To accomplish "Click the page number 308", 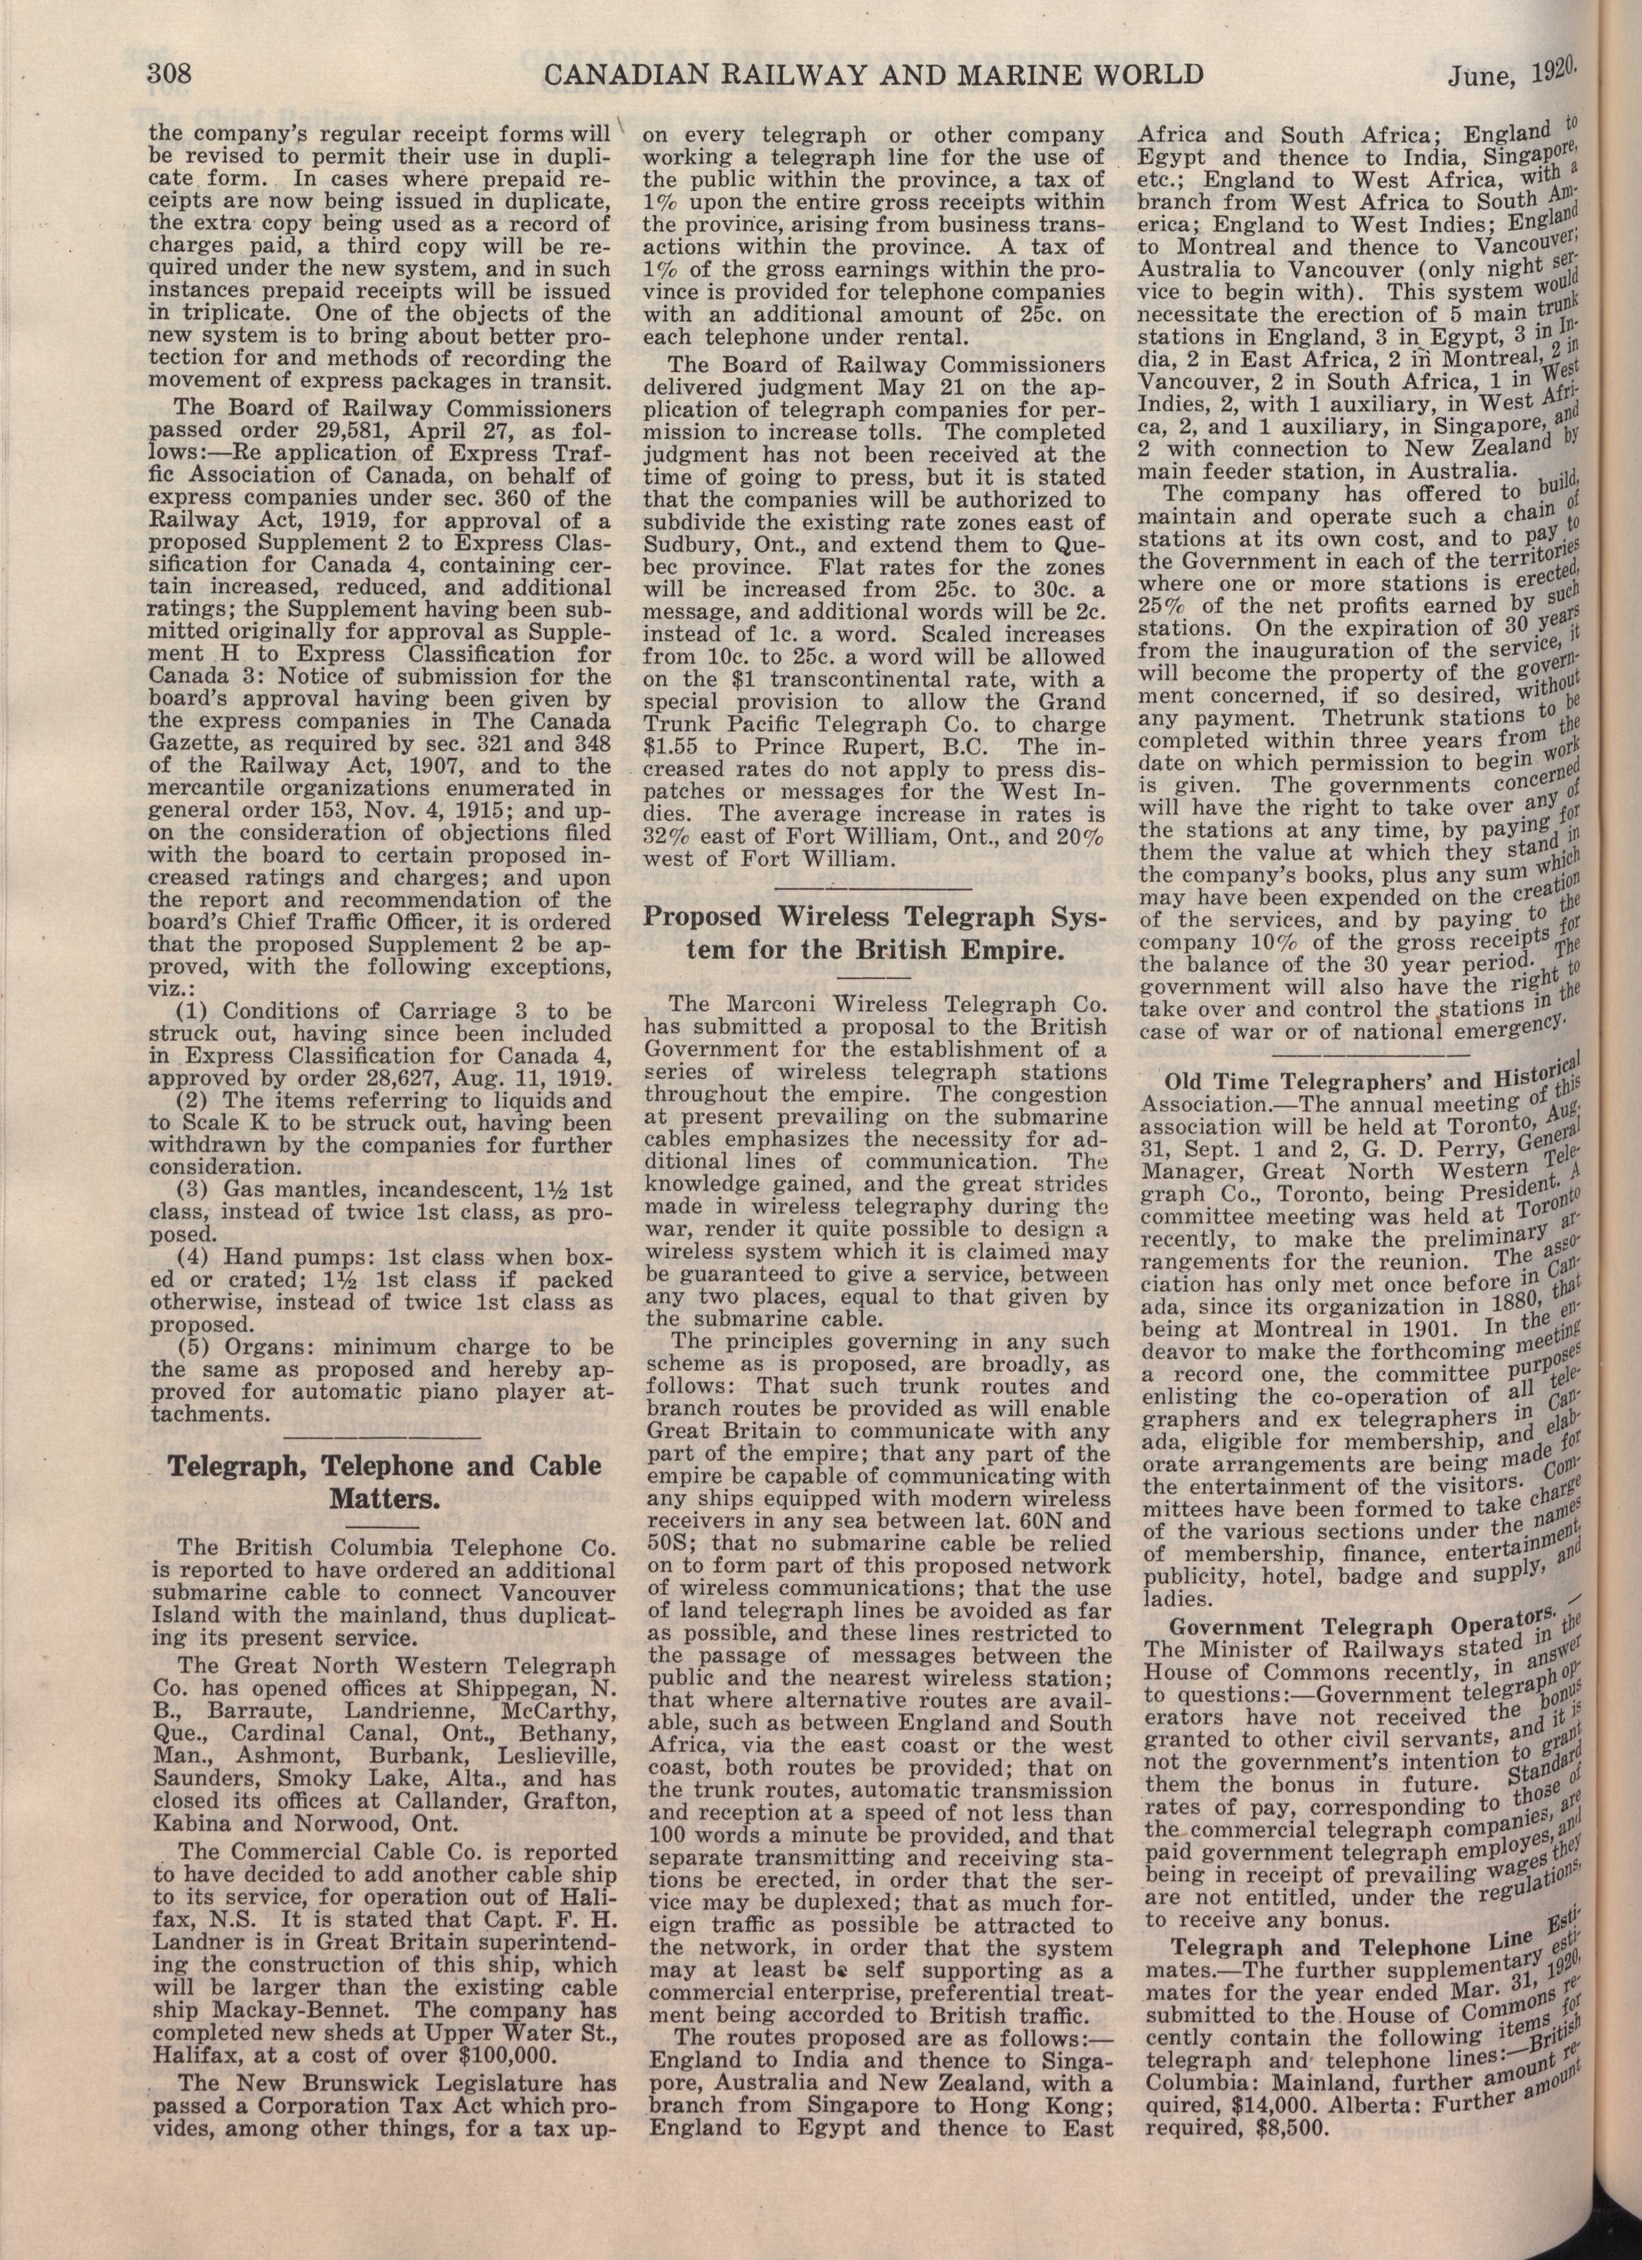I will click(x=175, y=74).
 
